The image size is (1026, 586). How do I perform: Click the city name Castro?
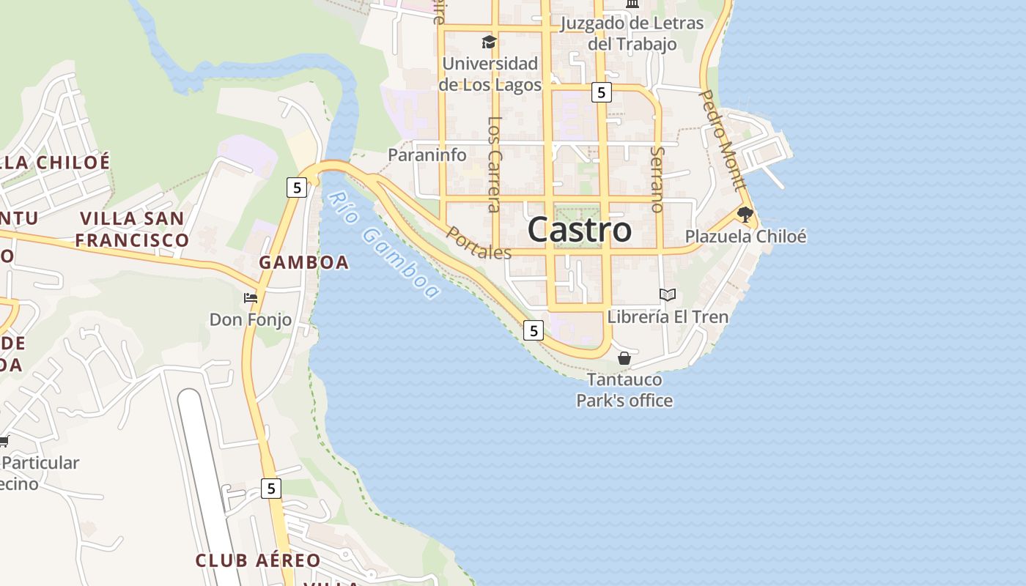coord(579,229)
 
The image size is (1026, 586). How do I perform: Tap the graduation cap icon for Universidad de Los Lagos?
coord(489,42)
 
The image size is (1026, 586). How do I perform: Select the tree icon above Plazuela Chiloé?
coord(745,215)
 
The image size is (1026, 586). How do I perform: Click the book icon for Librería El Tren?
coord(667,294)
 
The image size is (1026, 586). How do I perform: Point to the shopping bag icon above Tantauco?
coord(624,358)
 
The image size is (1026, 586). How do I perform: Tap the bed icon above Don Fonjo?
coord(251,298)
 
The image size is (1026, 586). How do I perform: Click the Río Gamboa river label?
coord(385,245)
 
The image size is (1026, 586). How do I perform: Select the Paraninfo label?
coord(427,155)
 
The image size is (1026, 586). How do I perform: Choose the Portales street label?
coord(479,243)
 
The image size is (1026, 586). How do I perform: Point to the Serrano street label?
coord(657,179)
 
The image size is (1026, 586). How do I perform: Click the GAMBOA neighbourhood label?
coord(303,262)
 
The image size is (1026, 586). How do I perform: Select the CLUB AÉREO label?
coord(257,560)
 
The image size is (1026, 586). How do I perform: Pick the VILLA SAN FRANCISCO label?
coord(132,229)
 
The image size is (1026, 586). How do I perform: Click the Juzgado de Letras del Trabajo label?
coord(632,33)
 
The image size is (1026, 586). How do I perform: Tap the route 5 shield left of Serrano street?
coord(601,92)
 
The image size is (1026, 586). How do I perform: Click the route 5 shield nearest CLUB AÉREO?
coord(271,488)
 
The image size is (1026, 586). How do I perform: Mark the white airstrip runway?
coord(205,469)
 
